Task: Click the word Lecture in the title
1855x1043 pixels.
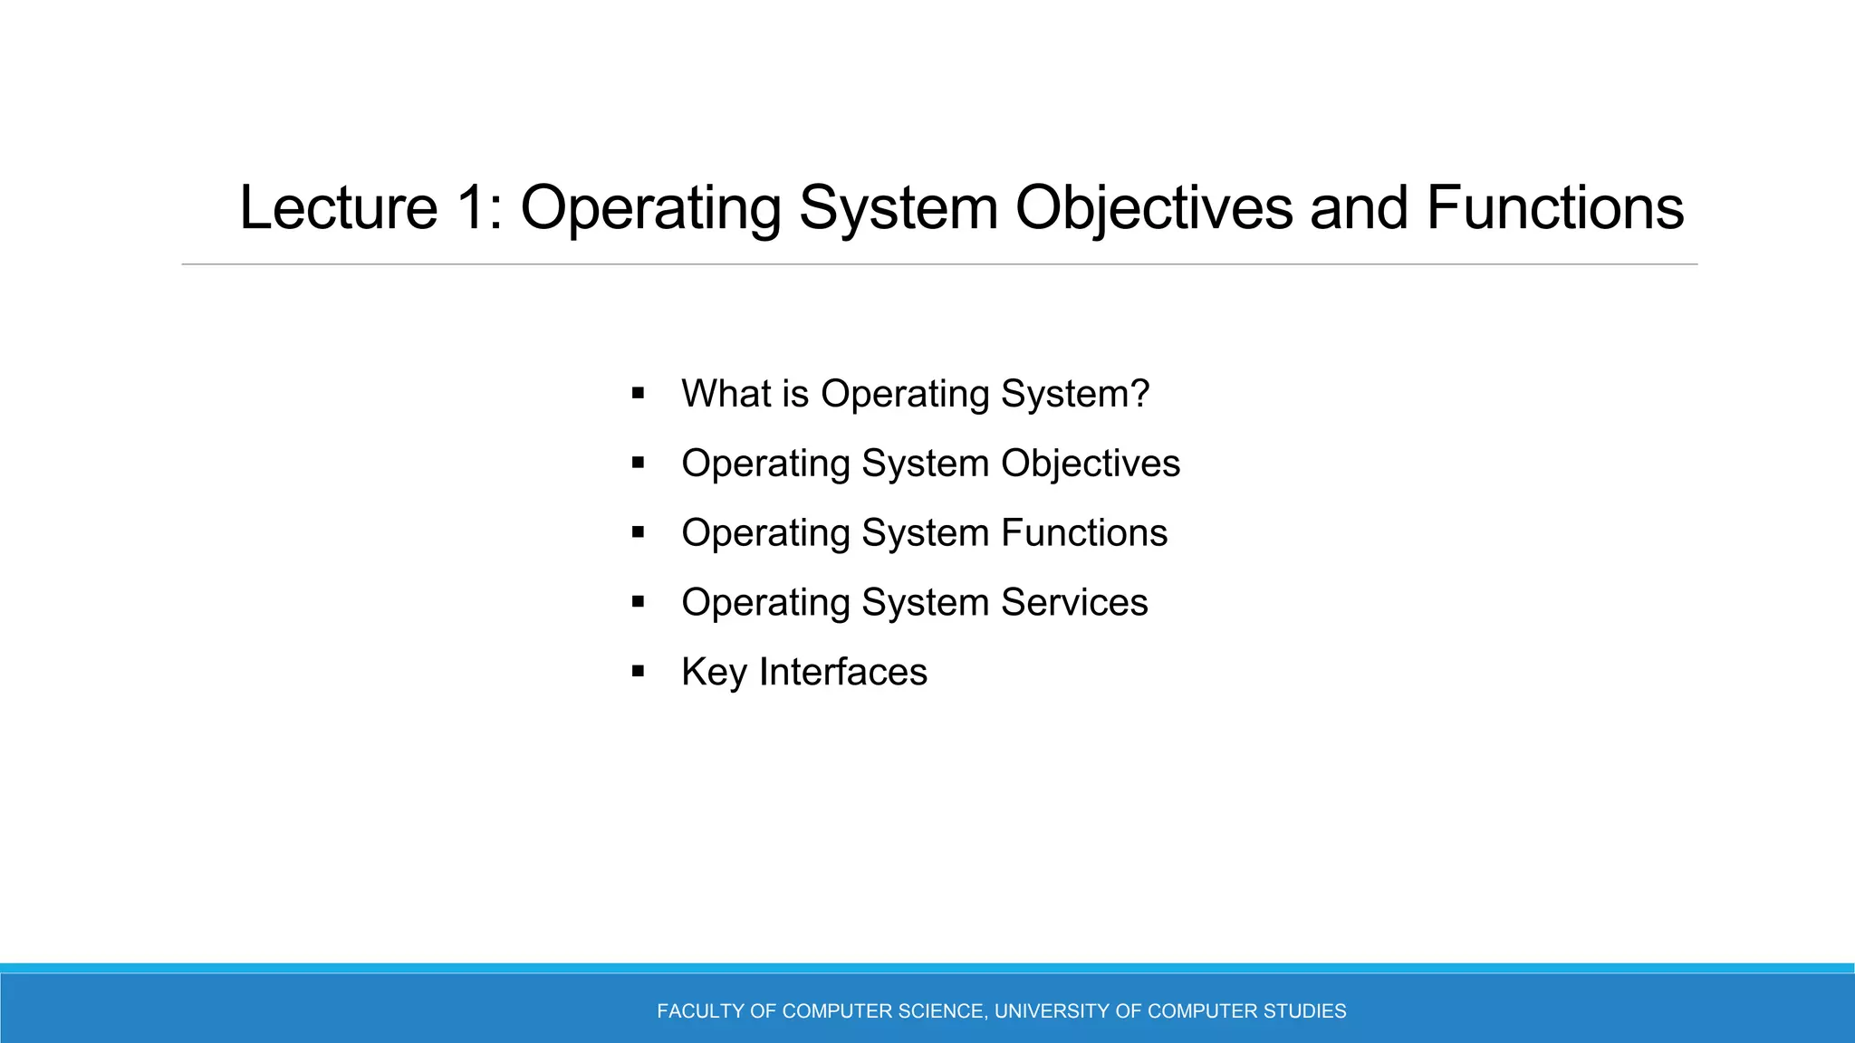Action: (338, 208)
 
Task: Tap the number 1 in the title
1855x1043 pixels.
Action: (473, 208)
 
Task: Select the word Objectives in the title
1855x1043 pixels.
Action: (1154, 208)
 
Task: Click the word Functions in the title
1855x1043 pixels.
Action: (1555, 208)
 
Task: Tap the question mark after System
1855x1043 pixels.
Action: (1139, 394)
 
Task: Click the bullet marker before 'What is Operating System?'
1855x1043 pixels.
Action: (638, 394)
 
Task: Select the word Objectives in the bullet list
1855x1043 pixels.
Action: (1091, 464)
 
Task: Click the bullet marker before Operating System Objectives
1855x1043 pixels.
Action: (638, 464)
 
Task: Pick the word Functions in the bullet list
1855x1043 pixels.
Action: (1084, 533)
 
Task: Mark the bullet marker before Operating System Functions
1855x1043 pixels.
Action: (638, 533)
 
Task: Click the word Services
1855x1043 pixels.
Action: (1074, 603)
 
